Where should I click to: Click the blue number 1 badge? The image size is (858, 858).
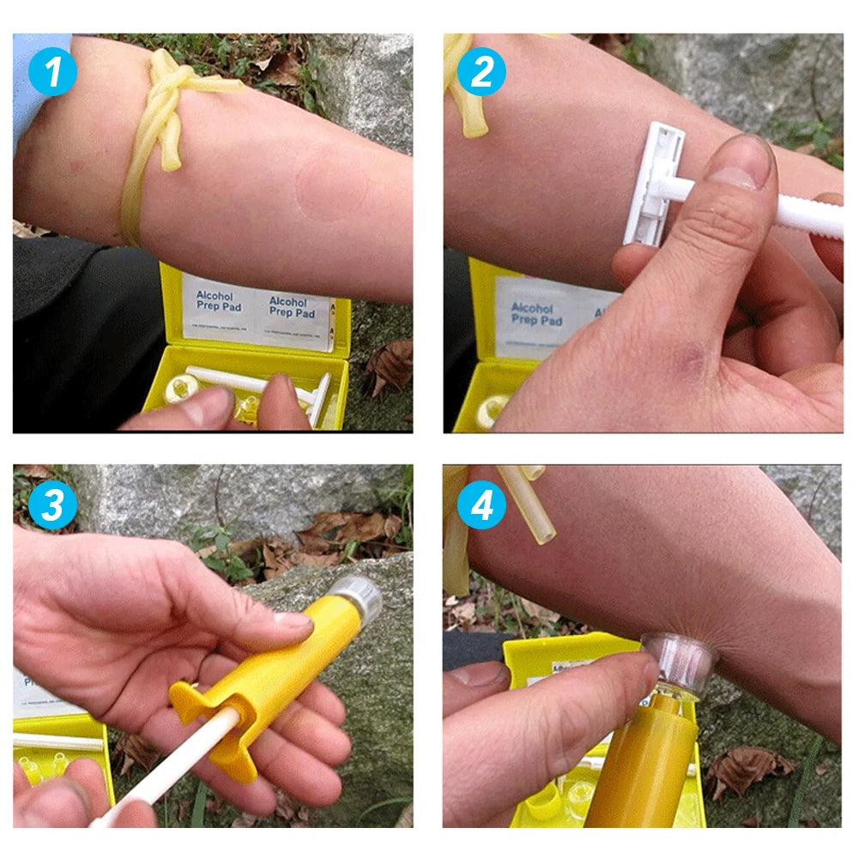[x=52, y=73]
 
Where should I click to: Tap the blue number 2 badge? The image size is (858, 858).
[x=481, y=73]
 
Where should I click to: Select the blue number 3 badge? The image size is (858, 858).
[x=52, y=505]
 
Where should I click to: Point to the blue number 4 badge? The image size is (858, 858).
[x=481, y=505]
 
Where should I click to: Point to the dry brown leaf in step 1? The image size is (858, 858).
[x=391, y=365]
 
